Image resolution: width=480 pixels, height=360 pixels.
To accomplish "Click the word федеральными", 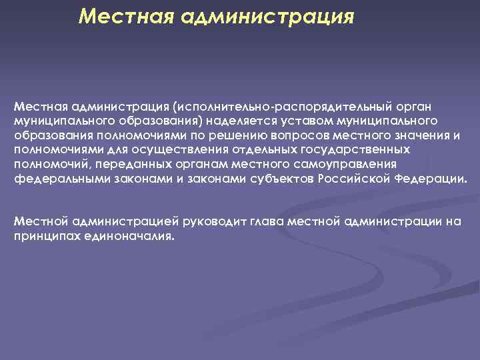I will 51,180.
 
